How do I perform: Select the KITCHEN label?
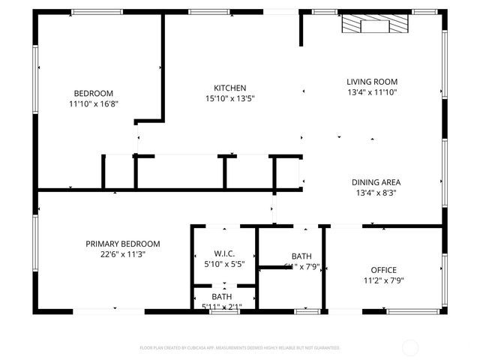tap(229, 88)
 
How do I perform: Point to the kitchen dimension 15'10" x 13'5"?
tap(229, 98)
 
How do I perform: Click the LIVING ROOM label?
tap(371, 82)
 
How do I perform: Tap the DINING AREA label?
tap(376, 182)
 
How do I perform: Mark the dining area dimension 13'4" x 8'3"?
tap(376, 193)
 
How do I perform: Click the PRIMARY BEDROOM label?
tap(122, 244)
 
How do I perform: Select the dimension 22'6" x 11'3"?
tap(122, 254)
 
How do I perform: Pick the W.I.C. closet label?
tap(224, 253)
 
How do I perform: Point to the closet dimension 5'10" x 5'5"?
tap(224, 264)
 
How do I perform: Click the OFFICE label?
tap(383, 270)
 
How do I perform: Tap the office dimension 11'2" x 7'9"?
tap(383, 280)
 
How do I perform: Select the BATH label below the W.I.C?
tap(221, 297)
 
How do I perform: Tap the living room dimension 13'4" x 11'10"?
tap(371, 92)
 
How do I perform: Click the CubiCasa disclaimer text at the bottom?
tap(240, 348)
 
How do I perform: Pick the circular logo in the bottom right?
tap(410, 347)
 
